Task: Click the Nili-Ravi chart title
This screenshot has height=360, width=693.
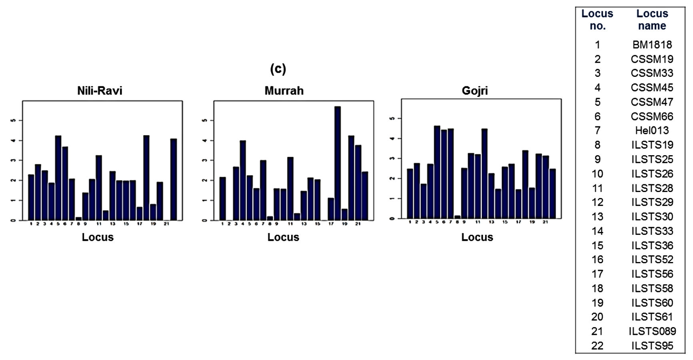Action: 100,91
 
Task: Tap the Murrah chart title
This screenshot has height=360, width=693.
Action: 284,91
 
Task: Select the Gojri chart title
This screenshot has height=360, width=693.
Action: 475,91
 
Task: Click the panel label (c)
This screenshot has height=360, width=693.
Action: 278,69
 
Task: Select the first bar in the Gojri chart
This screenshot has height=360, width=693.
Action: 410,194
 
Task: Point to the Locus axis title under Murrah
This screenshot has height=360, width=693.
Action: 283,237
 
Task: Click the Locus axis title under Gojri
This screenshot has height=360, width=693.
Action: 477,237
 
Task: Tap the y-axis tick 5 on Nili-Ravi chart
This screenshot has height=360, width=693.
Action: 14,120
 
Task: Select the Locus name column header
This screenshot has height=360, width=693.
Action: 652,20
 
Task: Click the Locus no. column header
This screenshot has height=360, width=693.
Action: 597,20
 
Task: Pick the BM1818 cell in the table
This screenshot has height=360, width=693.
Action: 652,45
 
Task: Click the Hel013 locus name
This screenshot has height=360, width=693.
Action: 652,130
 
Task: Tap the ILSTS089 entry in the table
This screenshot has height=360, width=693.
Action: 652,331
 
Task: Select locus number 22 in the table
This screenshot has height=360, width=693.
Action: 597,346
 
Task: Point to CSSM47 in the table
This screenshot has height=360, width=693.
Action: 652,102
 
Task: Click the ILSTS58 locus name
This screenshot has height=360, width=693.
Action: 652,288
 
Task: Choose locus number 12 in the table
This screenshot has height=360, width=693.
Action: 597,202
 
